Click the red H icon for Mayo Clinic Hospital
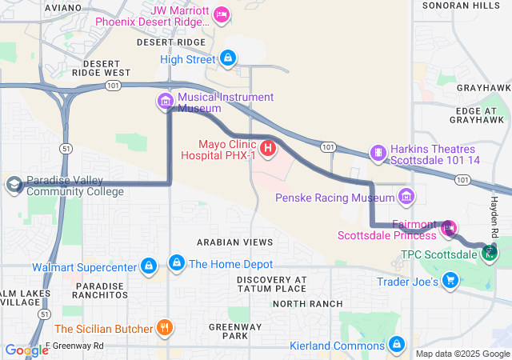269,147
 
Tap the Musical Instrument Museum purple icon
166,101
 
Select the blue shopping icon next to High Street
229,58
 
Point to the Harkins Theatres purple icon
378,151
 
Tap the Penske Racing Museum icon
406,196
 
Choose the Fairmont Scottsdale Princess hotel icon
448,228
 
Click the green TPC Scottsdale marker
490,254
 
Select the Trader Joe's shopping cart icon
450,280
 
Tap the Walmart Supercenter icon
148,265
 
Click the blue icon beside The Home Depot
176,262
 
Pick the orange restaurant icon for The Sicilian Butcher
164,327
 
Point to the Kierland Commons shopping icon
396,344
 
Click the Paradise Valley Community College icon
14,186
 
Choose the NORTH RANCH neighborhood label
307,304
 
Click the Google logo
26,350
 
